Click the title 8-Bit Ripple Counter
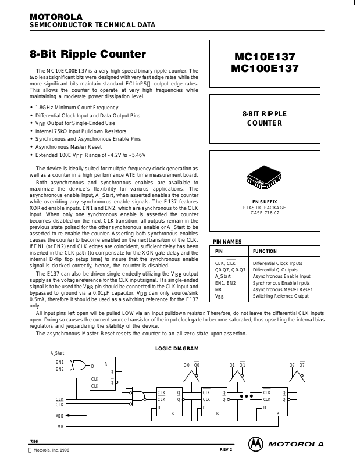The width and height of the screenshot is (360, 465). (x=88, y=55)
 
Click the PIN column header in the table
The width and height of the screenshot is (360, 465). (x=219, y=252)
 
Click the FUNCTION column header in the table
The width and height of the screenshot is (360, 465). (x=265, y=252)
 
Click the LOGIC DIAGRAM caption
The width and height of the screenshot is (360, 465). (x=177, y=349)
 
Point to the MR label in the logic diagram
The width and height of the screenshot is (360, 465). (x=60, y=427)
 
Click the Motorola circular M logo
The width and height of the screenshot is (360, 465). (x=256, y=443)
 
